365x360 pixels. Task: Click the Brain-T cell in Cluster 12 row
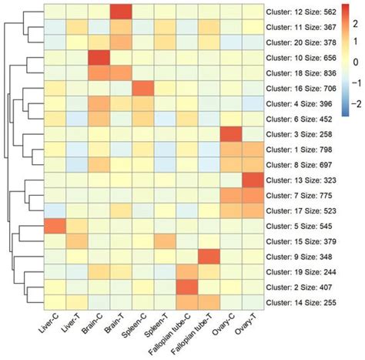[119, 12]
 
